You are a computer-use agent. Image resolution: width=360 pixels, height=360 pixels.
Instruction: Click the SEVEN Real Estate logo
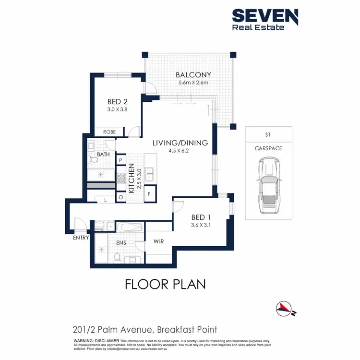[265, 19]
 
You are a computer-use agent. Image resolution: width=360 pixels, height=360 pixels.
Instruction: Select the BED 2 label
[117, 102]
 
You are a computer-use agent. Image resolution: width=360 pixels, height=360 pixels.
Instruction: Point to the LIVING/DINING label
[180, 143]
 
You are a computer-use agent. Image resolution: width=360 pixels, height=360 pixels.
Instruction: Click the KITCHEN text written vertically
[131, 176]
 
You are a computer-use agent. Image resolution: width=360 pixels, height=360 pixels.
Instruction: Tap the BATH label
[103, 155]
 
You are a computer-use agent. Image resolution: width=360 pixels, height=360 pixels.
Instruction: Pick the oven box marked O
[120, 197]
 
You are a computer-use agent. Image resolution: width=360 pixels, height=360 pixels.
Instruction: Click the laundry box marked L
[106, 200]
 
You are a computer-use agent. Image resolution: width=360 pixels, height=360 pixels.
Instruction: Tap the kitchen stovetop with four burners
[121, 179]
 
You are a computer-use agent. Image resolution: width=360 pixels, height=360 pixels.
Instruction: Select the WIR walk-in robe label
[158, 241]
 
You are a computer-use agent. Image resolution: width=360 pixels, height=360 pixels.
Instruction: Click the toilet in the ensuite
[117, 257]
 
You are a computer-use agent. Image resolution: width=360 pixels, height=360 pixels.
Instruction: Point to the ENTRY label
[80, 238]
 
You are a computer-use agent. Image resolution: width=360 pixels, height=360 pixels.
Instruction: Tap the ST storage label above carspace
[268, 135]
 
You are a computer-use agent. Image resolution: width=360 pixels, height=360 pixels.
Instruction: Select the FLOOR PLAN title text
[165, 284]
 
